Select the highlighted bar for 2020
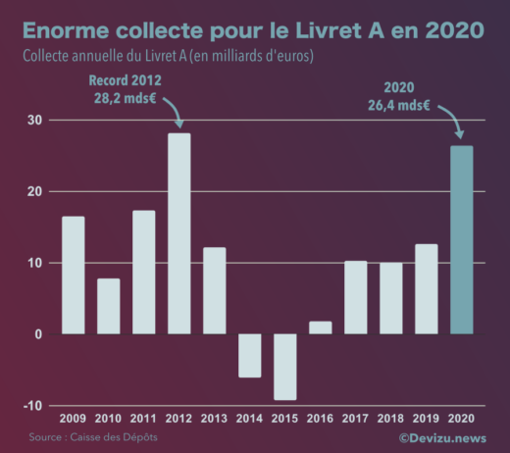[x=462, y=240]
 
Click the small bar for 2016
[x=321, y=327]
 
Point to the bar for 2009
[x=74, y=275]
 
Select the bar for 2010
[x=109, y=306]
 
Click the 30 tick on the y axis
[x=34, y=121]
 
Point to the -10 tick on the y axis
[x=32, y=406]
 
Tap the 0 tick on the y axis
[x=38, y=334]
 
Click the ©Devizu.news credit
[x=442, y=438]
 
